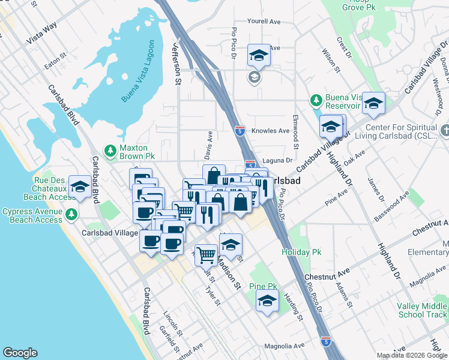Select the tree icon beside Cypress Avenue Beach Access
[x=71, y=214]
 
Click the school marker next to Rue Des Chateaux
[x=80, y=186]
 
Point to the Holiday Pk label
[x=302, y=253]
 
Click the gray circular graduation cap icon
[x=255, y=77]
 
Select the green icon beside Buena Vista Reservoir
[x=315, y=99]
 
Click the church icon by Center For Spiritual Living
[x=444, y=129]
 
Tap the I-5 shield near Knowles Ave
[x=240, y=130]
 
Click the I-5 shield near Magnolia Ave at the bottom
[x=325, y=341]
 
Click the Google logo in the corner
[x=20, y=353]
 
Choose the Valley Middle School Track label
[x=422, y=310]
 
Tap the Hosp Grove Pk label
[x=359, y=6]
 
